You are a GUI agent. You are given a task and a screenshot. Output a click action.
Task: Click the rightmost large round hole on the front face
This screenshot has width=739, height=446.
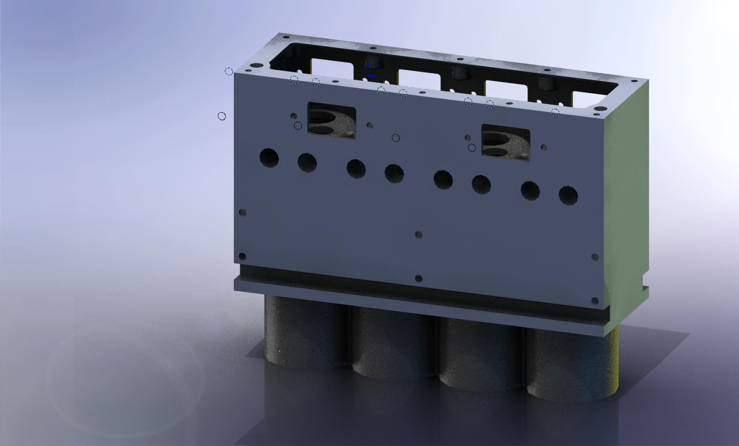pos(568,195)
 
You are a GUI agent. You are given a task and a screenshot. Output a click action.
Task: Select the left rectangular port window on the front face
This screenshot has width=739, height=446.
pos(332,121)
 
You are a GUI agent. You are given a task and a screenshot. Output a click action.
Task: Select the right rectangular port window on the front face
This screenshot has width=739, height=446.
pos(506,143)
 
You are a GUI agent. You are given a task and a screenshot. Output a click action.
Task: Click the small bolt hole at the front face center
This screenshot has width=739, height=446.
pos(419,235)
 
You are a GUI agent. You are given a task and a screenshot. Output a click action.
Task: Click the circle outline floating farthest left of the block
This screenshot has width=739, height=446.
pos(222,116)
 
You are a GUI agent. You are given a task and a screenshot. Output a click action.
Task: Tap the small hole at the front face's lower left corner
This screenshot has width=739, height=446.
pos(242,256)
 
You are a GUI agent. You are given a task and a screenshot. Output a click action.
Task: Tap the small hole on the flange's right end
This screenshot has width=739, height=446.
pos(595,301)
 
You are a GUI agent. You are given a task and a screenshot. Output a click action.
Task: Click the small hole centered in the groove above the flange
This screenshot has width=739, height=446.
pos(419,279)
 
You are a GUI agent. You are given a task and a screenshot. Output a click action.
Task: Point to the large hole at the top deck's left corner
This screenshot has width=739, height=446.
pos(257,66)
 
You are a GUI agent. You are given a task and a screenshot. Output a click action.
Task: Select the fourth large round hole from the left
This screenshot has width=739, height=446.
pos(394,173)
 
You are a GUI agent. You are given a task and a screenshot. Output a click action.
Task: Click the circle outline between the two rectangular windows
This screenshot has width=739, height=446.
pos(396,138)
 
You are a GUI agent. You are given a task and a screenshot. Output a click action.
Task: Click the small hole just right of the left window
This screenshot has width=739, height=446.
pos(369,126)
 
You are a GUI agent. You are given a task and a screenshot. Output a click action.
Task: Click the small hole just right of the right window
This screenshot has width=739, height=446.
pos(544,148)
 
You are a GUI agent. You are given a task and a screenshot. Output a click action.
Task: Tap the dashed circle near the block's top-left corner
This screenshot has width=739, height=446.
pos(229,71)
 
